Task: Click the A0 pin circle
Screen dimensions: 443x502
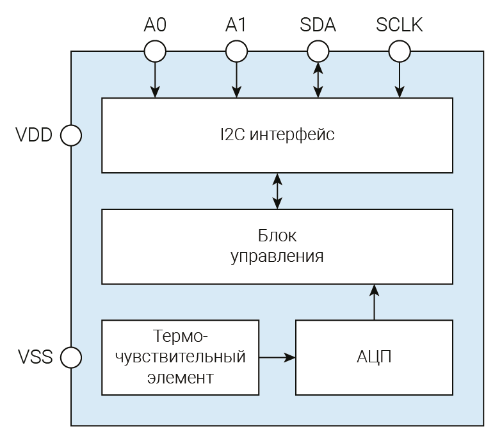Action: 154,51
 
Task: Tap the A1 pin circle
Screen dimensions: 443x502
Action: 236,51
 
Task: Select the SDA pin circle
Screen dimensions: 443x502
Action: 318,51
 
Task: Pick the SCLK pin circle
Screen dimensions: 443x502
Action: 400,51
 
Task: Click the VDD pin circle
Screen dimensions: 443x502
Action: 70,135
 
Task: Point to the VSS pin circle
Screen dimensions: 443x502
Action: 70,357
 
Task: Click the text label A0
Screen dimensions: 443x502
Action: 154,26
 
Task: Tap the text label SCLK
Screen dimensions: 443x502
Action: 400,26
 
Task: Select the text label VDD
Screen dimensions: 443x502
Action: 34,136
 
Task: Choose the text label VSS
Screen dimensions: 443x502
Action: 34,357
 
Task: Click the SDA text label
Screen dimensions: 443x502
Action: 318,26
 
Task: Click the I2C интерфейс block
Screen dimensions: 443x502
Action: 277,135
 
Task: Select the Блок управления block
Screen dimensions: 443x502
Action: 277,246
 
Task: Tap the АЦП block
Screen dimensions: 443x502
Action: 374,357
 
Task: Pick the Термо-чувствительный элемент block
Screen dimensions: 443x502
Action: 180,357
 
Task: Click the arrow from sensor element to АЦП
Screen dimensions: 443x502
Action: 277,357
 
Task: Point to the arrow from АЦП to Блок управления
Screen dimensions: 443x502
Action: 374,302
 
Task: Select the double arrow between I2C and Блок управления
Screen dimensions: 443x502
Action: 277,191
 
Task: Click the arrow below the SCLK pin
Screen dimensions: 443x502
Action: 400,79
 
